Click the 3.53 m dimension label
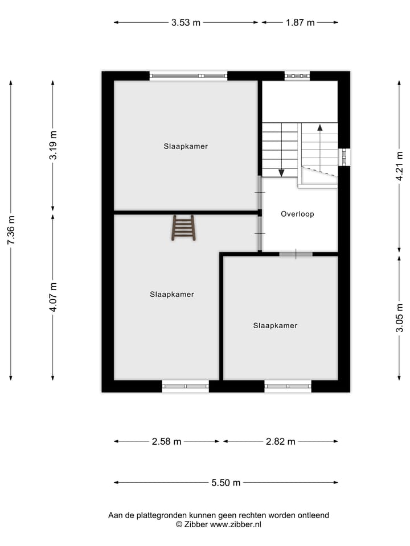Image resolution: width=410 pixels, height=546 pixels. [186, 23]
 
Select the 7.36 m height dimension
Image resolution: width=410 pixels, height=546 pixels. [11, 230]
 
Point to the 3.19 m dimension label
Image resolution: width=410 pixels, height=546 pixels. [53, 146]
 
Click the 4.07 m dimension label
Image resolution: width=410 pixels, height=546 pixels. [53, 297]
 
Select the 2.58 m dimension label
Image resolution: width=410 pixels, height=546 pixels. [167, 441]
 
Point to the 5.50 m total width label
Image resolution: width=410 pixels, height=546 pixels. [226, 483]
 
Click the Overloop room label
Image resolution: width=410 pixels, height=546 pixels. [297, 214]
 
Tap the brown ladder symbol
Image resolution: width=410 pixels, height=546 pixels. [184, 227]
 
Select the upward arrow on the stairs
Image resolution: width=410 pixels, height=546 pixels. [319, 128]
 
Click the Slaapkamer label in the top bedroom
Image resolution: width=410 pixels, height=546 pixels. [186, 146]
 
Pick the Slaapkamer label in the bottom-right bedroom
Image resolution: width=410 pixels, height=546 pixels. [275, 326]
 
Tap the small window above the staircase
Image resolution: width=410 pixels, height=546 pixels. [297, 76]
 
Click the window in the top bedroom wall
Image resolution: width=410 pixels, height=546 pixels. [188, 76]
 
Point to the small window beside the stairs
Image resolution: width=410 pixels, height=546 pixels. [343, 157]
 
